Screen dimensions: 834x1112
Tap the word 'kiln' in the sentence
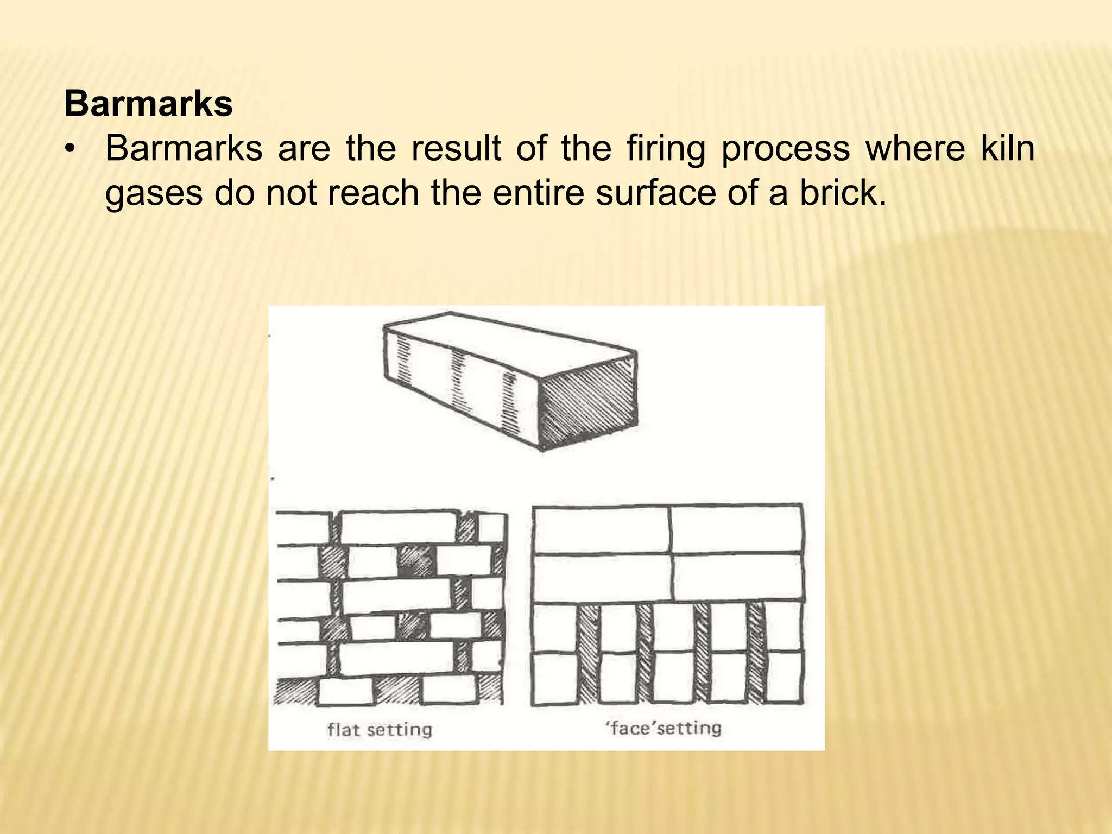click(x=1007, y=148)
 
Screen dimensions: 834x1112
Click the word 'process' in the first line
click(x=785, y=149)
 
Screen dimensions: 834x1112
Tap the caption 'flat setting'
click(x=380, y=729)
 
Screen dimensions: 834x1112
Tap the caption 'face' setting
click(x=664, y=728)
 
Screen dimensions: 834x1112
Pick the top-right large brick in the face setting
click(x=736, y=529)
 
